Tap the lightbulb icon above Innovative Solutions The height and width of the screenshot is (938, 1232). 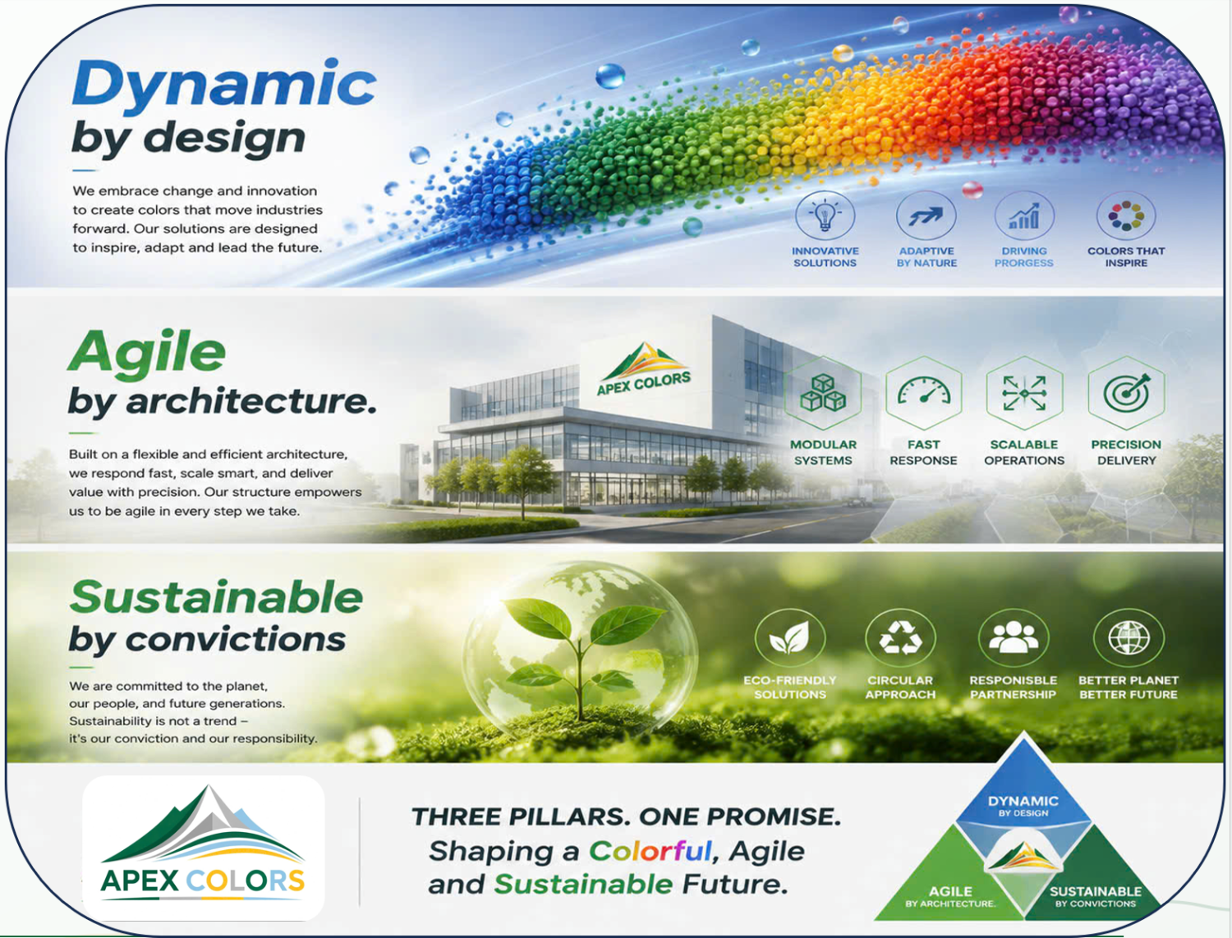[825, 215]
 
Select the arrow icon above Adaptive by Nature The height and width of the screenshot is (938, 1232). [926, 216]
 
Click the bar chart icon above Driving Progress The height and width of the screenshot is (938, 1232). [1024, 216]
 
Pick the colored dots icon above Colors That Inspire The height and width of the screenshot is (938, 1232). [1126, 215]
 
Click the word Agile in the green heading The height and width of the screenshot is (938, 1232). [146, 352]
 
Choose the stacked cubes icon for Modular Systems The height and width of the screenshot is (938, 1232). [823, 393]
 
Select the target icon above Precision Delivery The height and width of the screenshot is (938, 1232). [1127, 392]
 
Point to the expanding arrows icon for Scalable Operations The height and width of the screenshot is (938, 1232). [1024, 393]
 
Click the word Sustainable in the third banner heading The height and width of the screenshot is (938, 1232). [217, 597]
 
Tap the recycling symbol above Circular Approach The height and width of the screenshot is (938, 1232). [900, 637]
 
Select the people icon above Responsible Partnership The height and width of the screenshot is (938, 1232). [1013, 637]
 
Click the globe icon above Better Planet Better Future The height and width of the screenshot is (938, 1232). [1129, 637]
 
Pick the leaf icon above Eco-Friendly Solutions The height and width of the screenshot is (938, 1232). [790, 637]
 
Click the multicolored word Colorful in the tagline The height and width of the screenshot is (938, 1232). [650, 851]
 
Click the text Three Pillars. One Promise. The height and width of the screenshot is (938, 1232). [627, 816]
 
